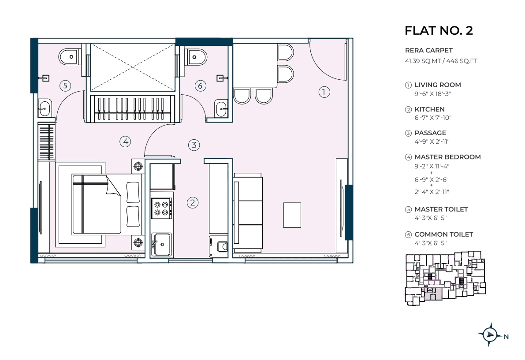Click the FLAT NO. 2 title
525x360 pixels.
point(439,30)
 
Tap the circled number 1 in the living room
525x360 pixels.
point(324,92)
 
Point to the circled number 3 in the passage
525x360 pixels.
point(194,145)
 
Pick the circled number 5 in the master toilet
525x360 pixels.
point(65,85)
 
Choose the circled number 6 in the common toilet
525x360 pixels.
point(200,85)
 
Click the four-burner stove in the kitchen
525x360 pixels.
point(161,208)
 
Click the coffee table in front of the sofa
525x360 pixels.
point(292,215)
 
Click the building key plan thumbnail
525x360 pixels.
point(445,278)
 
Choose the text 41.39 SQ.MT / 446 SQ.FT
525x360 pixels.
point(441,61)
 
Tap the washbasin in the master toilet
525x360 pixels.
point(45,108)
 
